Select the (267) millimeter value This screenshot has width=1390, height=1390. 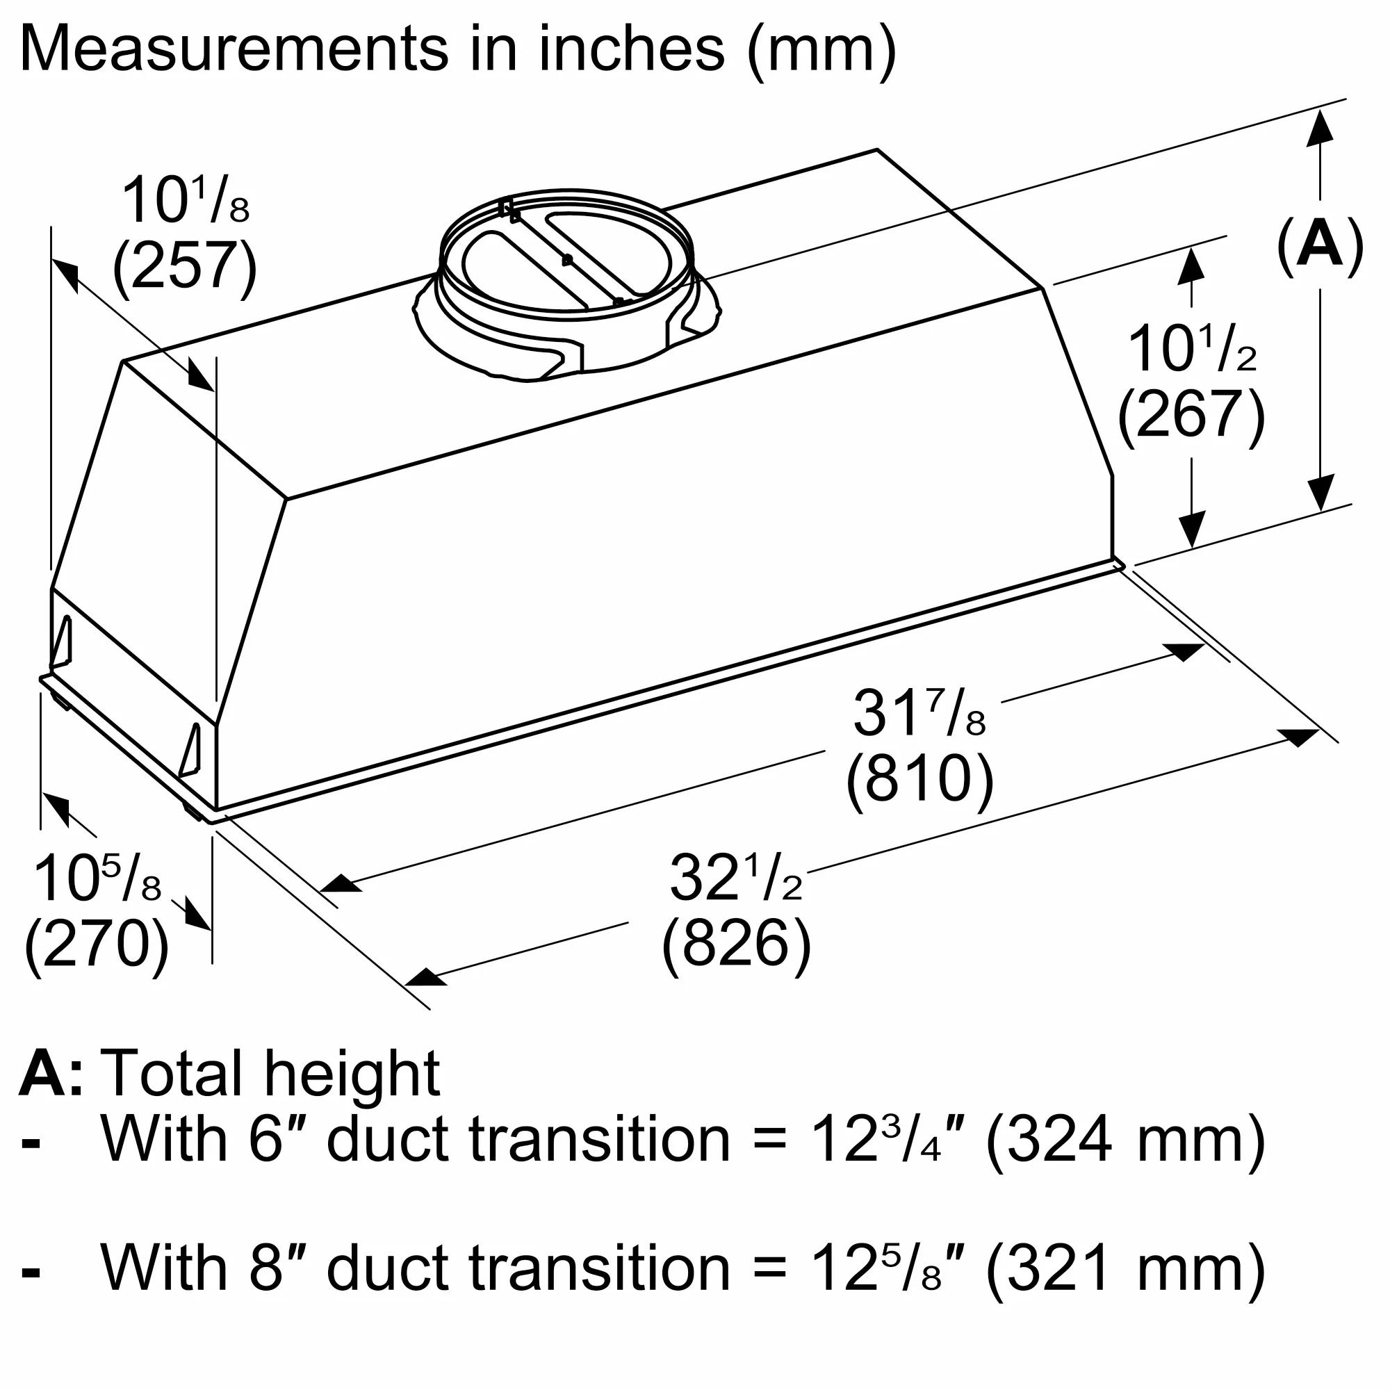[1191, 415]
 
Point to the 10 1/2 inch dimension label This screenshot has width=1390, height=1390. [1191, 350]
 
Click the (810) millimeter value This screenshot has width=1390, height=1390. [919, 779]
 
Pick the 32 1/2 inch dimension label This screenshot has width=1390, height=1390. [736, 878]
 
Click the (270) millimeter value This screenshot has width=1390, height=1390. [97, 944]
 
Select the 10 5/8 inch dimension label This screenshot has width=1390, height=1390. [97, 879]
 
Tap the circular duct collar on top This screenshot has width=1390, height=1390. [567, 252]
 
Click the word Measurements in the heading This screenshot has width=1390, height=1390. [234, 49]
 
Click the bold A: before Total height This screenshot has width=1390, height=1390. [50, 1074]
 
